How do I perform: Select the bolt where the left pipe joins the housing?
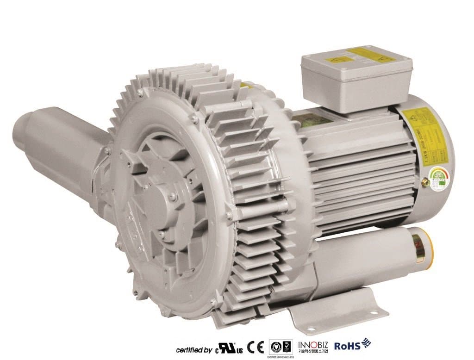(x=107, y=150)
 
